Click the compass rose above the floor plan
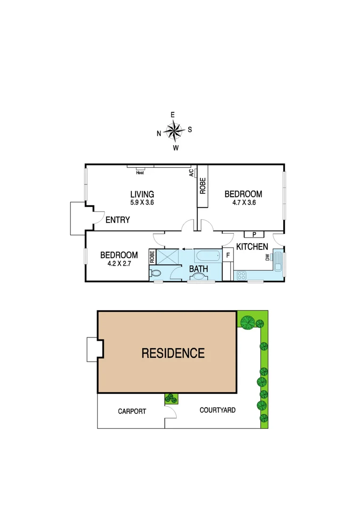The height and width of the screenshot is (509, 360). coord(174,131)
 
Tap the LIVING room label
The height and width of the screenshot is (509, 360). coord(142,194)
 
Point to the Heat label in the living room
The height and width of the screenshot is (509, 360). coord(139,172)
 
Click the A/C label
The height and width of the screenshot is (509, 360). coord(191,173)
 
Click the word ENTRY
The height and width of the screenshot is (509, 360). coord(117,220)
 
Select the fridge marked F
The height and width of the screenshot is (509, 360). coord(228,255)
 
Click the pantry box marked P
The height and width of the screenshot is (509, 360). coord(254,234)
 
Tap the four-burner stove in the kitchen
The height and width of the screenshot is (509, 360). coord(241,275)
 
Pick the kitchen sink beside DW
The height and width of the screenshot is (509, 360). coord(278,262)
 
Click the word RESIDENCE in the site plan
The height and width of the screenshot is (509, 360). coord(173,353)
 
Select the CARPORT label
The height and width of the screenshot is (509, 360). coord(131,411)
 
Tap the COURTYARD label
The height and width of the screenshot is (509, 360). coord(217,410)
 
